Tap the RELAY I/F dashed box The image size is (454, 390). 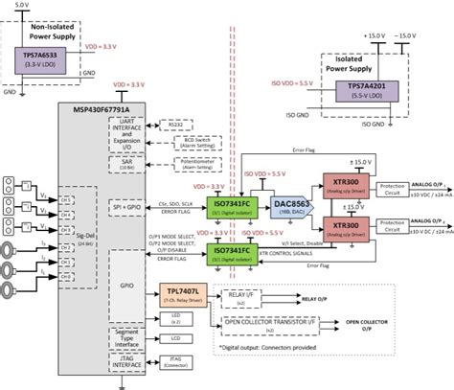click(244, 298)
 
